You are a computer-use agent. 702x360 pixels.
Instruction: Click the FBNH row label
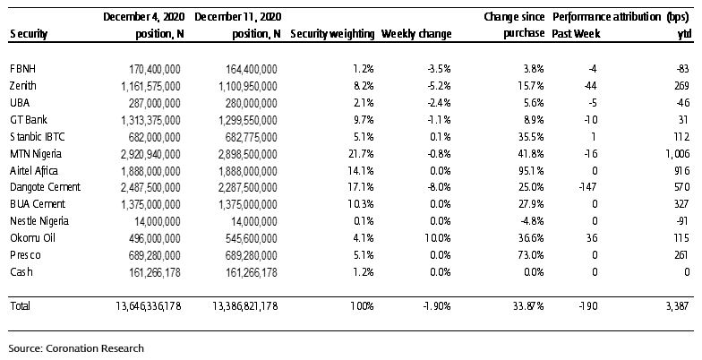pos(22,69)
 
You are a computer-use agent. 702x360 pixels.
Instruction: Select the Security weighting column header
pos(332,34)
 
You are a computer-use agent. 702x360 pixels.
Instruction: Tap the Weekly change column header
pos(416,34)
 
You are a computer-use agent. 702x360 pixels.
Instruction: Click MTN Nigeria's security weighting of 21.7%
pos(361,154)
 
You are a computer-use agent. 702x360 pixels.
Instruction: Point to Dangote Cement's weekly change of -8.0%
pos(439,188)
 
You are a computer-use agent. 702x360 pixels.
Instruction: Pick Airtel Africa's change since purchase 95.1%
pos(531,171)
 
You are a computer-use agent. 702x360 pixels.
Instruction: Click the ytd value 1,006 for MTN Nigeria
pos(677,154)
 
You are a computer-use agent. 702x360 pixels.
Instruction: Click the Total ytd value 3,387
pos(677,306)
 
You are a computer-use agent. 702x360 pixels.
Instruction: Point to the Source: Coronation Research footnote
pos(76,348)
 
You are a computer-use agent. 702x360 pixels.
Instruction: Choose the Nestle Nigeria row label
pos(39,221)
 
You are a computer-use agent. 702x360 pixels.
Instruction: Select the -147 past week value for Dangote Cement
pos(586,188)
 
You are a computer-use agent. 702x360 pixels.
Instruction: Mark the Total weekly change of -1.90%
pos(436,306)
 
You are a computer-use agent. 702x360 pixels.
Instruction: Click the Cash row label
pos(21,272)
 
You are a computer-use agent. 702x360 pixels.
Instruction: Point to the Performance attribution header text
pos(607,17)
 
